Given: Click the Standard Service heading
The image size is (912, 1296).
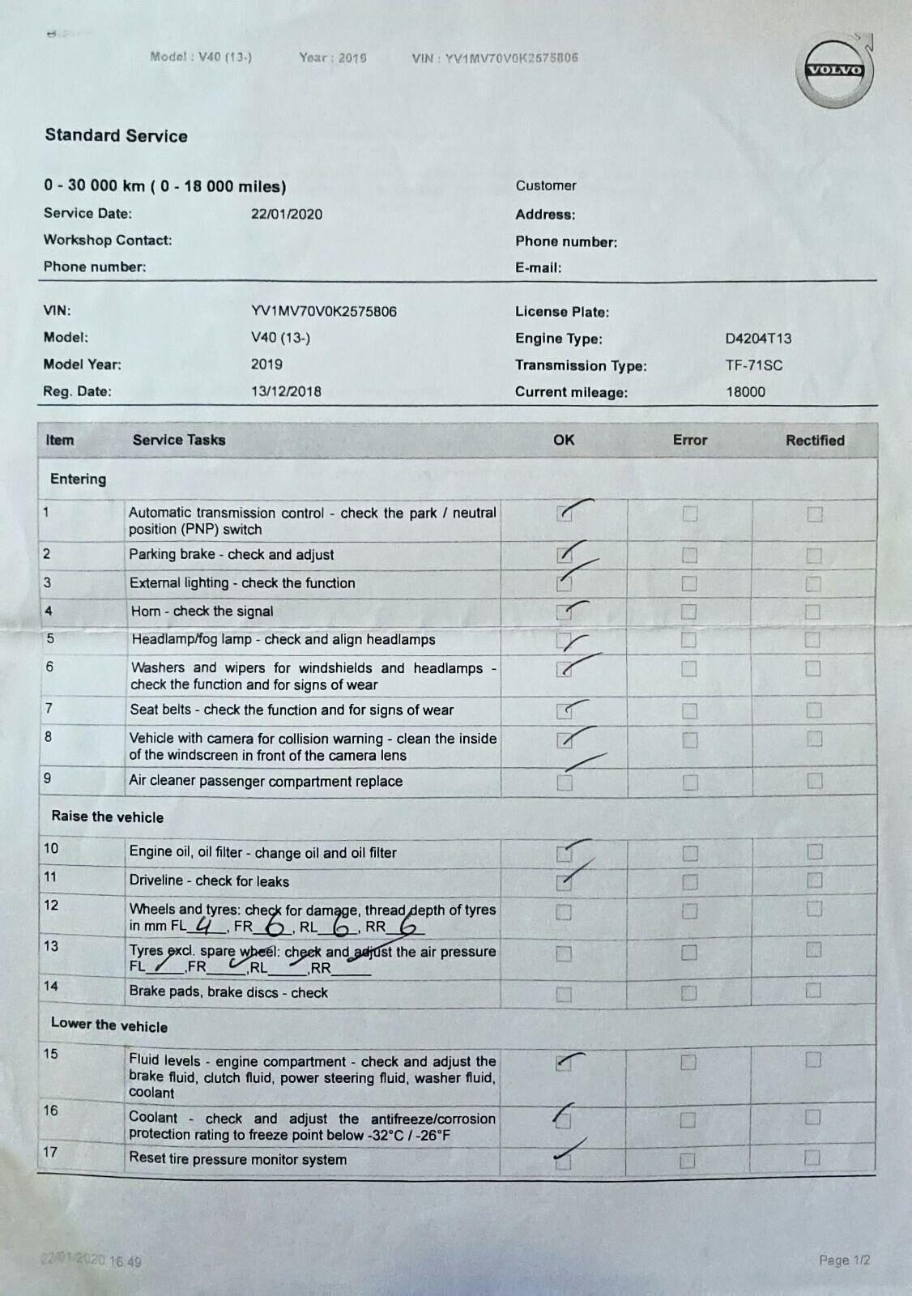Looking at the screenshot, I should click(x=116, y=136).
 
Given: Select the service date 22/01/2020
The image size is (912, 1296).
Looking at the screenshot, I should click(x=287, y=214).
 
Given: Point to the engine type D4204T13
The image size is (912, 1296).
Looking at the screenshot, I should click(x=758, y=339).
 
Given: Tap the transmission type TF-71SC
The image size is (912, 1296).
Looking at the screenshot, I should click(x=753, y=365).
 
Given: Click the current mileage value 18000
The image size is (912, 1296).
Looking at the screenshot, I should click(x=745, y=392).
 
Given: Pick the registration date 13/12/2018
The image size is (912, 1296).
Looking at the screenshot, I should click(x=286, y=392).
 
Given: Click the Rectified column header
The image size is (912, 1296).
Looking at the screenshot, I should click(x=815, y=441).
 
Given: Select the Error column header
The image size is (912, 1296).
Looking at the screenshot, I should click(x=689, y=440).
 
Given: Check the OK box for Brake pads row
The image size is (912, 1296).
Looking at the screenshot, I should click(x=564, y=993).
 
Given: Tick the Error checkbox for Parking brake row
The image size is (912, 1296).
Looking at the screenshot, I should click(x=689, y=555).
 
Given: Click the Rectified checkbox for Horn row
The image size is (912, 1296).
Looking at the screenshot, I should click(x=813, y=612).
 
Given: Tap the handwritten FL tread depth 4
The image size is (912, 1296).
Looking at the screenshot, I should click(x=205, y=924).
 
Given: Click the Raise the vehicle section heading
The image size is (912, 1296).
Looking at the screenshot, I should click(x=107, y=816).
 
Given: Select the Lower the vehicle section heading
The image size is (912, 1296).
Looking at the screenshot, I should click(x=109, y=1025).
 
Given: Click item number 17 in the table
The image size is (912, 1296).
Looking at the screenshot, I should click(x=50, y=1152).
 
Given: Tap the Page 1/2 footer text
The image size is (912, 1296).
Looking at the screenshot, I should click(x=844, y=1260).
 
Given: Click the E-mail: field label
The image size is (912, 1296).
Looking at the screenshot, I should click(x=538, y=268).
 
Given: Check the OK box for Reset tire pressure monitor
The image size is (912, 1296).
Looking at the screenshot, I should click(x=563, y=1162).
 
